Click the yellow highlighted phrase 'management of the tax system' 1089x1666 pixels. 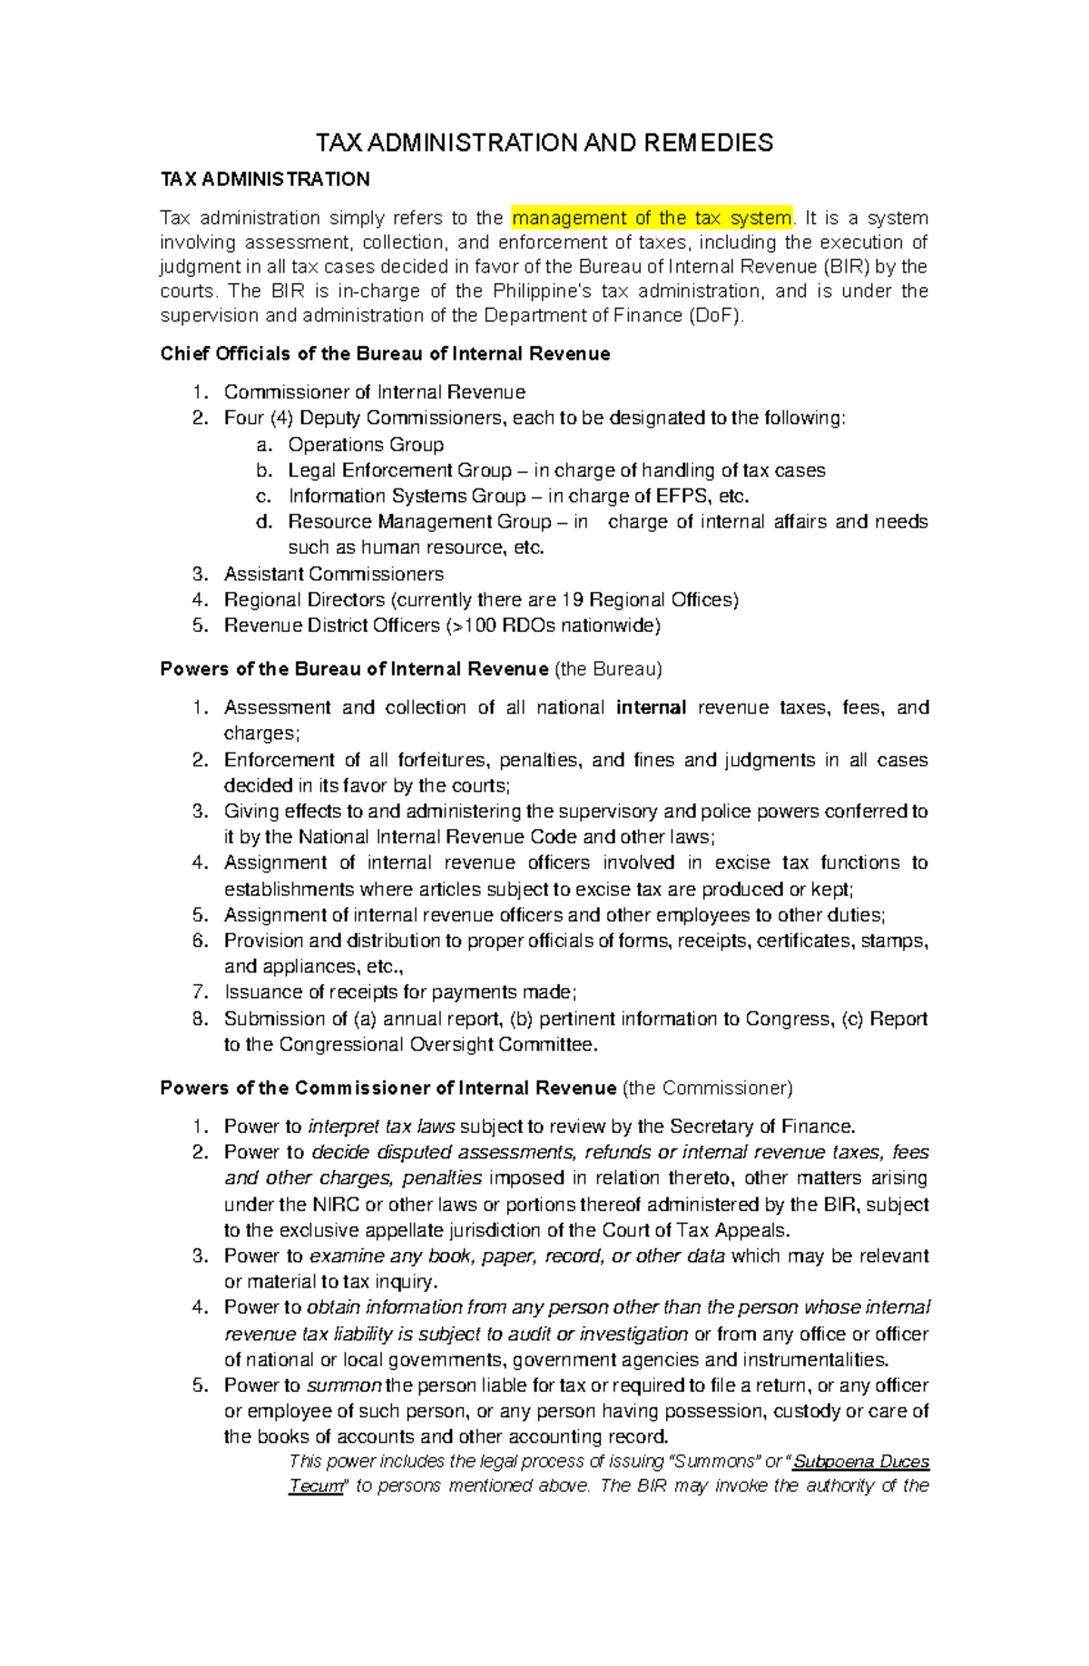(x=652, y=218)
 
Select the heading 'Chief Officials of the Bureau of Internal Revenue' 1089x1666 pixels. (x=385, y=354)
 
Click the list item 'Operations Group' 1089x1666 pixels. (x=366, y=445)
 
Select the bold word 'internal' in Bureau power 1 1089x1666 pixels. (x=651, y=708)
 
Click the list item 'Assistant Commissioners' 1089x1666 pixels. (x=334, y=575)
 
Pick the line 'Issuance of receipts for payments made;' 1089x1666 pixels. (x=400, y=992)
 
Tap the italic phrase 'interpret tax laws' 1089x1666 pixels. (x=382, y=1127)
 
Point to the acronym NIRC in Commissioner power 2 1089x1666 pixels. (x=336, y=1205)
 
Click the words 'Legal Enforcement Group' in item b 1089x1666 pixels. (x=400, y=470)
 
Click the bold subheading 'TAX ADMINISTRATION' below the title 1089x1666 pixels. (x=265, y=180)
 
